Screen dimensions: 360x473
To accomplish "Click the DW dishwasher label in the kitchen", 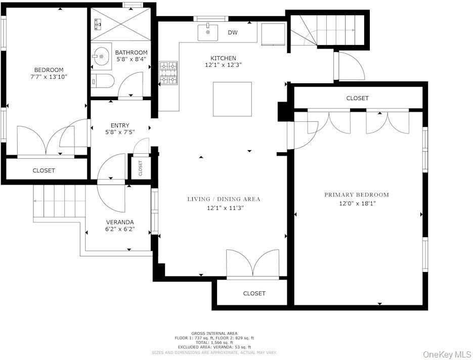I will click(x=233, y=33).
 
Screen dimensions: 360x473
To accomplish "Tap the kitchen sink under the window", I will click(x=208, y=31).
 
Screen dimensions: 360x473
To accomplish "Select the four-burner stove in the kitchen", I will click(x=169, y=72).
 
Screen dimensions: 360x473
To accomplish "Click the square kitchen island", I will click(x=232, y=99).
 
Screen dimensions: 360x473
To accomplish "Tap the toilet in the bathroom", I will click(x=101, y=81).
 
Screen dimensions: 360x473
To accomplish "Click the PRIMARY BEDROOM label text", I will click(x=357, y=195).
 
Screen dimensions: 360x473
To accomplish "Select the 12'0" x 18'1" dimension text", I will click(x=357, y=203).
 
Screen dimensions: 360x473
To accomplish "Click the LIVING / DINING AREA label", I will click(x=224, y=199).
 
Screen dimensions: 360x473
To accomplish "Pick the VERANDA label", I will click(x=120, y=222).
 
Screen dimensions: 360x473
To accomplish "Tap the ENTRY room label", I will click(x=120, y=125).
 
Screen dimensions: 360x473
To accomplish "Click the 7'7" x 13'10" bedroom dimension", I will click(x=49, y=77).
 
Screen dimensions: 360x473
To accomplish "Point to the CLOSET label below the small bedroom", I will click(x=44, y=170).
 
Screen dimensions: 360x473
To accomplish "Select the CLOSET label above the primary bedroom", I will click(x=357, y=98).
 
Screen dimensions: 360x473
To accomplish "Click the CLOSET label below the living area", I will click(x=254, y=293).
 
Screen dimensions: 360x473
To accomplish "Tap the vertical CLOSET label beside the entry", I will click(x=141, y=168).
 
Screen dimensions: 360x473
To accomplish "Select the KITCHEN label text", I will click(x=223, y=58).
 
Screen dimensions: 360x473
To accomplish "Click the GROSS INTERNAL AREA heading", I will click(x=214, y=334).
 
